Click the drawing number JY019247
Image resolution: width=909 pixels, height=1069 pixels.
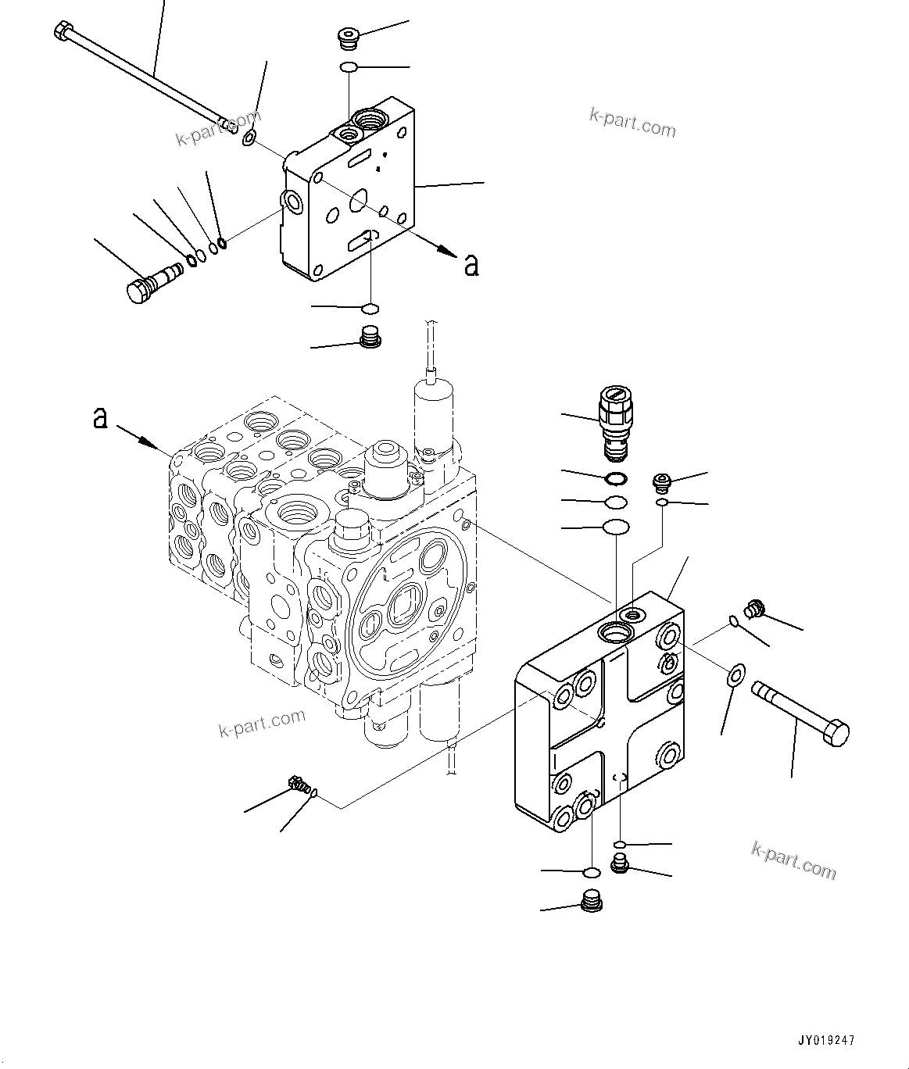827,1040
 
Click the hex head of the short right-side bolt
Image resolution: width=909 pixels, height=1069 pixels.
836,734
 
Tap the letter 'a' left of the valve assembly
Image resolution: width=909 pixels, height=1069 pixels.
100,417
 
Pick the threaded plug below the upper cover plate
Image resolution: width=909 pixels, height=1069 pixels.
370,338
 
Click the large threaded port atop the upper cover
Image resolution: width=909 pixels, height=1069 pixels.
368,120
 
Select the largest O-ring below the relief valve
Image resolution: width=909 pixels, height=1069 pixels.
616,527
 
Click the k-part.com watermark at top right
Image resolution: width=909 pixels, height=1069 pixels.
632,122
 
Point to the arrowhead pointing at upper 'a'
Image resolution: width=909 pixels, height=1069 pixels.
446,251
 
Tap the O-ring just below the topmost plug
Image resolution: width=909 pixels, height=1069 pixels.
349,69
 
